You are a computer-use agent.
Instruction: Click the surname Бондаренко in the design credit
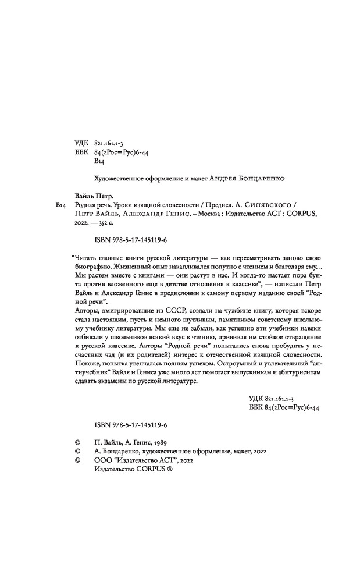click(262, 178)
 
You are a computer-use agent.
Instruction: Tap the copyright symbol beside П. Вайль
click(77, 442)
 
